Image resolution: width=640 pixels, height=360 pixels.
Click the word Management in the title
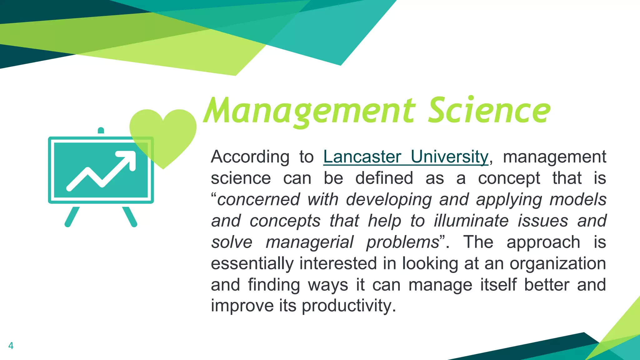coord(309,111)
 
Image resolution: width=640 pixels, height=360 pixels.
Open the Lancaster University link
coord(406,157)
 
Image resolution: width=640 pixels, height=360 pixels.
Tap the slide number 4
coord(11,346)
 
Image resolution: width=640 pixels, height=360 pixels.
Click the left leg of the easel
coord(72,217)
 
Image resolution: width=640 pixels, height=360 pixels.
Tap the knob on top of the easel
coord(101,130)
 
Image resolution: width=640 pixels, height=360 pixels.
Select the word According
coord(250,157)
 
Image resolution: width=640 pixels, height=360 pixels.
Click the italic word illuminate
coord(472,221)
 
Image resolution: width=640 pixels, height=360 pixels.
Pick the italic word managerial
coord(309,242)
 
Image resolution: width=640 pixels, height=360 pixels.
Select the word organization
coord(558,263)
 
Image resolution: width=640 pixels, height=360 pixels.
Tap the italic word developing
coord(389,200)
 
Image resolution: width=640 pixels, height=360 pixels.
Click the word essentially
coord(252,263)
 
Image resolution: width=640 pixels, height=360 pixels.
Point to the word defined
coord(384,178)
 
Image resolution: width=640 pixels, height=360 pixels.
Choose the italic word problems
coord(402,242)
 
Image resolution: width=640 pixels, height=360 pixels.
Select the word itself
coord(498,285)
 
